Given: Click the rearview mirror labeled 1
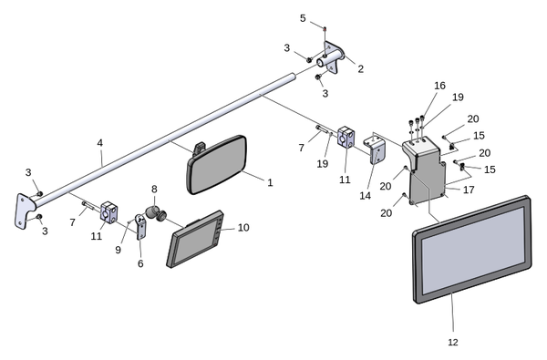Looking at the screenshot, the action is (217, 164).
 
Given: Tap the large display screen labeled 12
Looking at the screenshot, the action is (472, 249).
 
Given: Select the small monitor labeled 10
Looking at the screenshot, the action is (195, 240).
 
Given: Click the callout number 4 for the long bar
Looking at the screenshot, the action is (100, 143).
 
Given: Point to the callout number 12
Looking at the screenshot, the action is (453, 342).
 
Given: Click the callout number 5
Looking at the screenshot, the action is (303, 18).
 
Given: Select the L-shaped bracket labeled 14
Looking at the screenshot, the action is (373, 149).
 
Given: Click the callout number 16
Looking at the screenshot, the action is (439, 86).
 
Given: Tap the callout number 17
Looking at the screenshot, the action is (469, 190).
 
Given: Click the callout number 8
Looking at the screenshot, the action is (154, 189).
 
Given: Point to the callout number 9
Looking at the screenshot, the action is (118, 250).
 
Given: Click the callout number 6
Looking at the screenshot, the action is (140, 263).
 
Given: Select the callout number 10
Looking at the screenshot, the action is (243, 228).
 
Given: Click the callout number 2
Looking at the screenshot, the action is (360, 68).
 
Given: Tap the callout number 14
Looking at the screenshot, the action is (366, 196).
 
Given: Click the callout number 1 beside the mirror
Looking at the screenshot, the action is (270, 182).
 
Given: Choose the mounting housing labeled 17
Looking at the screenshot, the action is (425, 171).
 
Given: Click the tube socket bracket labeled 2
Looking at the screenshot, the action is (331, 57).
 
